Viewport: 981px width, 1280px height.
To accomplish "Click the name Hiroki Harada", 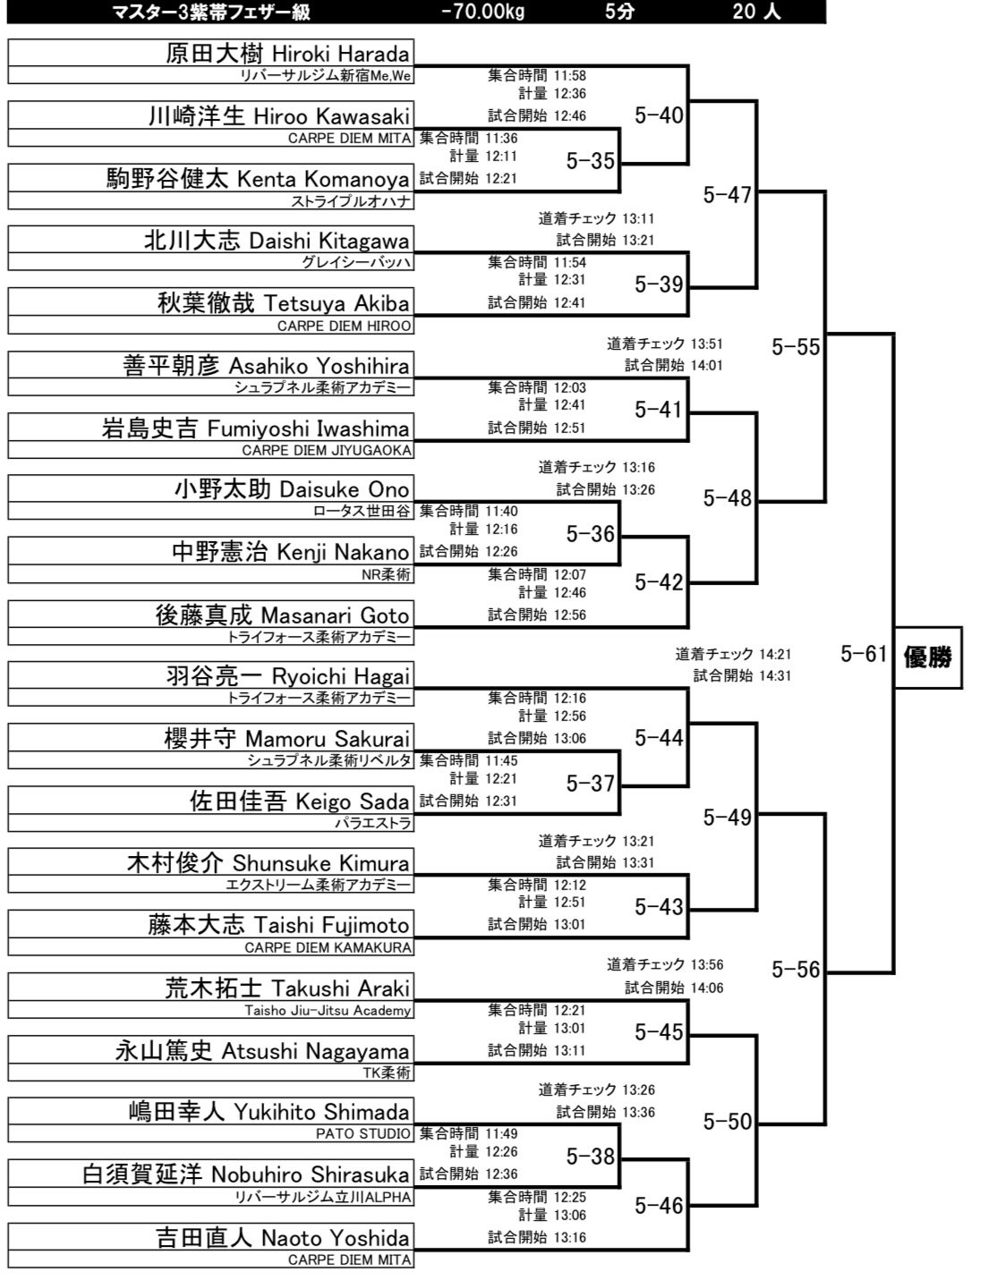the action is (340, 55).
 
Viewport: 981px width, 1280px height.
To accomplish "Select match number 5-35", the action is (590, 161).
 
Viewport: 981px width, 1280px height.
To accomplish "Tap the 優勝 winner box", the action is (928, 657).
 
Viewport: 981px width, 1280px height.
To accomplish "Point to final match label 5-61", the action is (863, 654).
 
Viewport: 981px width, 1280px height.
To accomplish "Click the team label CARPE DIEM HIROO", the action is (344, 326).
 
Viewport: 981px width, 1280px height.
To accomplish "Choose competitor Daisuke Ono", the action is (344, 489).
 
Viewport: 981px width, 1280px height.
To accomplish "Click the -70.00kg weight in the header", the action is (482, 12).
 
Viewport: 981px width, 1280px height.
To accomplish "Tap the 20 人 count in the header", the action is (756, 12).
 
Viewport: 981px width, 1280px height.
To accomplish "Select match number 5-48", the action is (727, 499).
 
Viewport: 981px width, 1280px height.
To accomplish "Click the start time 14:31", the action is (775, 675).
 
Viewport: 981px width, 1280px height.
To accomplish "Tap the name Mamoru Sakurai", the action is (327, 739).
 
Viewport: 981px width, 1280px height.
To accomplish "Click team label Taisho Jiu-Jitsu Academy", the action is (328, 1011).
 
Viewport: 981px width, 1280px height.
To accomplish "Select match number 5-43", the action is (659, 907).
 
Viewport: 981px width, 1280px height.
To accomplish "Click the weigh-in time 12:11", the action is (500, 157).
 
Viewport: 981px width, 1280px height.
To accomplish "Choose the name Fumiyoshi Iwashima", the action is (308, 428).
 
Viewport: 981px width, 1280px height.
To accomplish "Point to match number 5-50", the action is (727, 1122).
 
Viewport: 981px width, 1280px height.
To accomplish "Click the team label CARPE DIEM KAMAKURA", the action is (328, 948).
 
